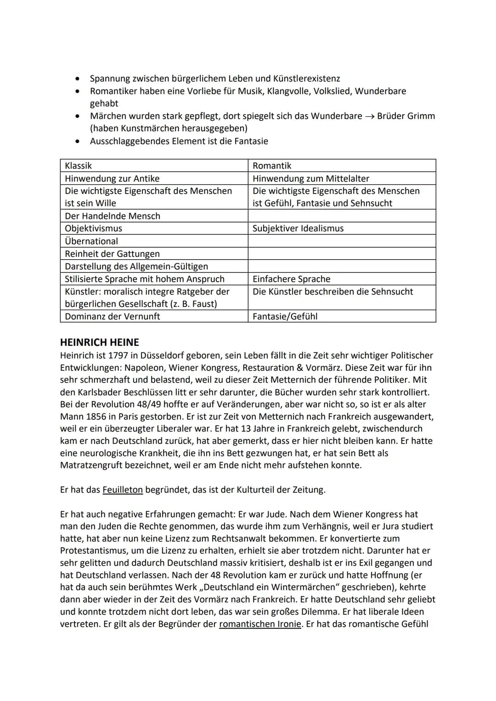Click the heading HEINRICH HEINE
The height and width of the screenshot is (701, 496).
pyautogui.click(x=100, y=342)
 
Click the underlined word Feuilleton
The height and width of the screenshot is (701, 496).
pyautogui.click(x=123, y=490)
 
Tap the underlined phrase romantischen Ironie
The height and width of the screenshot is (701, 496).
pyautogui.click(x=260, y=624)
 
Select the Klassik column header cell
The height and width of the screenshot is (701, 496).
pyautogui.click(x=154, y=166)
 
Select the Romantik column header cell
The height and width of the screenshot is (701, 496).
pyautogui.click(x=342, y=166)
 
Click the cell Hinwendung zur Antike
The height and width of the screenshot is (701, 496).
pyautogui.click(x=154, y=178)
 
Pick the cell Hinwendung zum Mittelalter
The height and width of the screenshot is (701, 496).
pyautogui.click(x=342, y=178)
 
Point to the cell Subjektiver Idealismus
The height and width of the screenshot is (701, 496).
pyautogui.click(x=342, y=228)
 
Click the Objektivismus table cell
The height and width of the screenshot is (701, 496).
pyautogui.click(x=154, y=228)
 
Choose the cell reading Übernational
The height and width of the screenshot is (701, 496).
pyautogui.click(x=154, y=241)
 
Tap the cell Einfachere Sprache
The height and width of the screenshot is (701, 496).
pyautogui.click(x=342, y=279)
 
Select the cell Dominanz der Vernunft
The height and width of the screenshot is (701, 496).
pyautogui.click(x=154, y=316)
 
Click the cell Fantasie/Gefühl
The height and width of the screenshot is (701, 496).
pyautogui.click(x=342, y=316)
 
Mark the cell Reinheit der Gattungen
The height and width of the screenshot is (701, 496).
pyautogui.click(x=154, y=254)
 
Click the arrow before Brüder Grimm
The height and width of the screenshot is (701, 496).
pyautogui.click(x=369, y=116)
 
